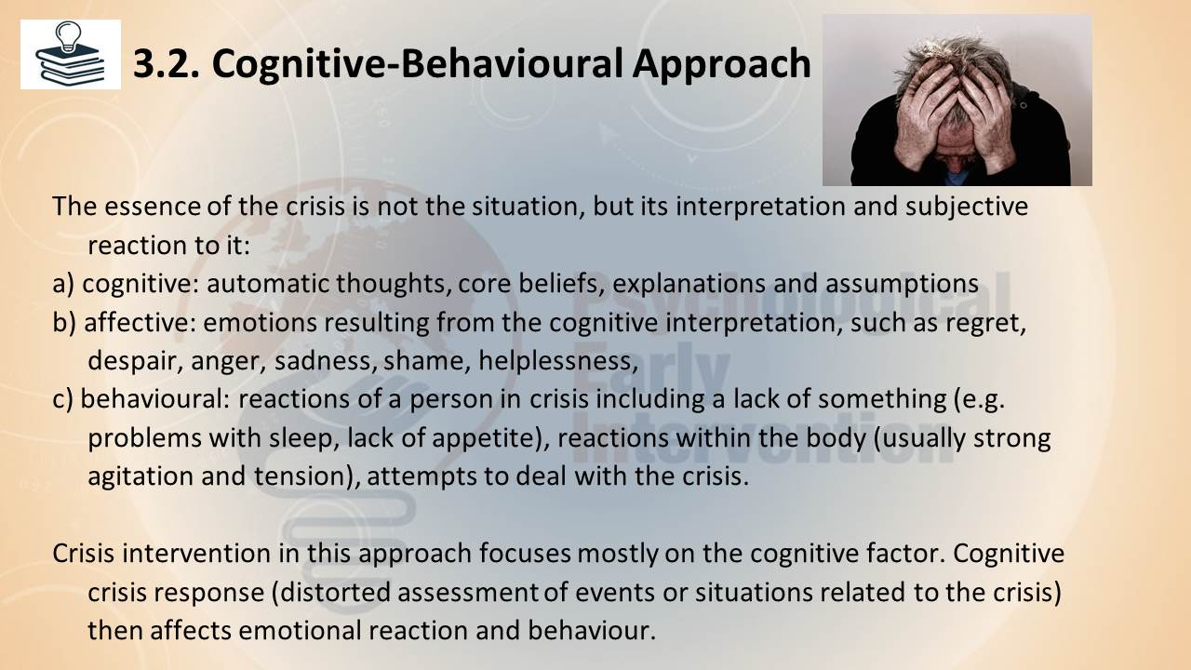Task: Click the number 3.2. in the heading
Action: pos(166,64)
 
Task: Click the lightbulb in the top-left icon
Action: pos(69,36)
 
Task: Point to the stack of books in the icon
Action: pos(70,67)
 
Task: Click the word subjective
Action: pos(967,208)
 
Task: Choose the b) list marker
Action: pos(64,323)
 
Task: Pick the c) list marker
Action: pos(62,400)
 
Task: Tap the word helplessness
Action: pos(557,361)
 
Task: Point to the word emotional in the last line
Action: pos(300,631)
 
